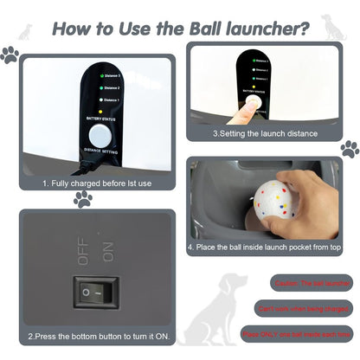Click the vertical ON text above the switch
click(x=109, y=252)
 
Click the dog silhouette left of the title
click(x=26, y=32)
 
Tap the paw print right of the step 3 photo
click(x=349, y=147)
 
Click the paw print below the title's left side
click(x=10, y=55)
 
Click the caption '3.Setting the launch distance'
click(x=265, y=134)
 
